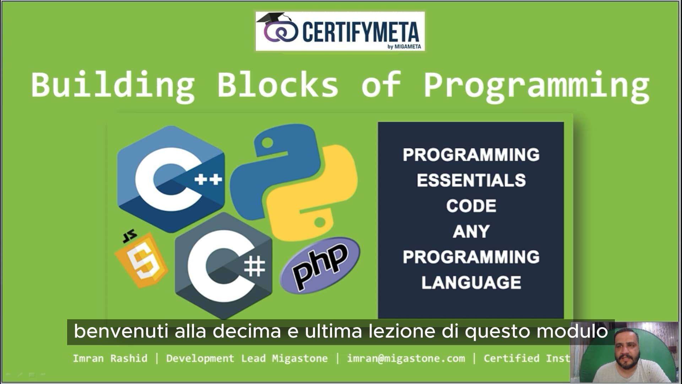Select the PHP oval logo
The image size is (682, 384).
[320, 265]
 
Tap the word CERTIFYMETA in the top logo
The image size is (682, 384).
[361, 32]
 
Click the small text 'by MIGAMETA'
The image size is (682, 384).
[404, 47]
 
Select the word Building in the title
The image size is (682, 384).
[113, 85]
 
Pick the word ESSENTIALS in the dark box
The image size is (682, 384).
[471, 180]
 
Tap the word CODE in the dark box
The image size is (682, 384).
[471, 206]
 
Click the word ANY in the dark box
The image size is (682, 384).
[471, 231]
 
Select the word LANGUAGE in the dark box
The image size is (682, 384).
[471, 283]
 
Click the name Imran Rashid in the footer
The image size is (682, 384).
[110, 358]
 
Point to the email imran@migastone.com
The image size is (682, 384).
[406, 358]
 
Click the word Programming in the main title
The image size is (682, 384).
[536, 85]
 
